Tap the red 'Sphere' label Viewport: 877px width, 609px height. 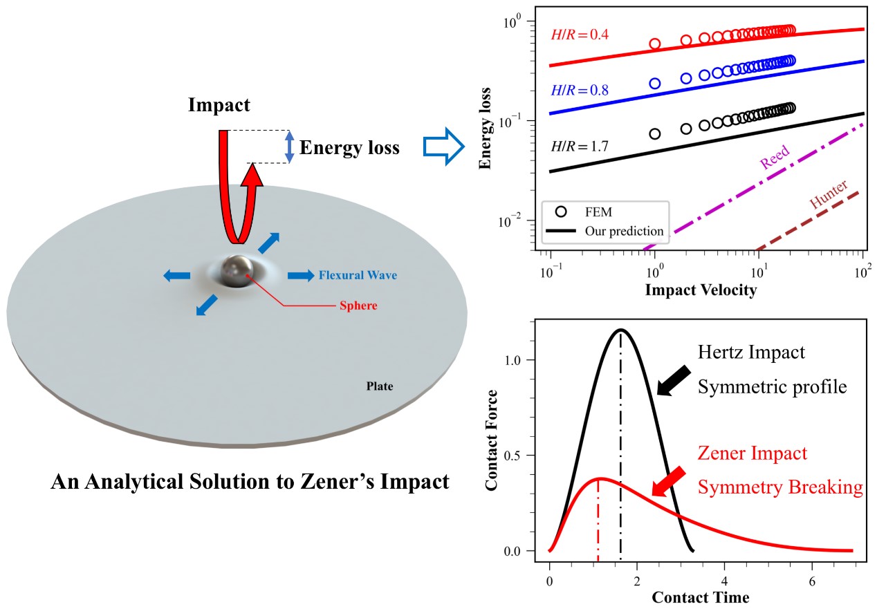coord(358,305)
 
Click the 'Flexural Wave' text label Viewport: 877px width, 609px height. coord(358,275)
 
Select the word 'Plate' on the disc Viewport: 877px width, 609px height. coord(379,386)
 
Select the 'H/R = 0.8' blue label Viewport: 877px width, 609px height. coord(579,90)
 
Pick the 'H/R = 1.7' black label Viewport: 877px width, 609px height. coord(579,146)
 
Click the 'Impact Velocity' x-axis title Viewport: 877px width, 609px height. coord(701,290)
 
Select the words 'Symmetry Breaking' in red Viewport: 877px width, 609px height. coord(780,487)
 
